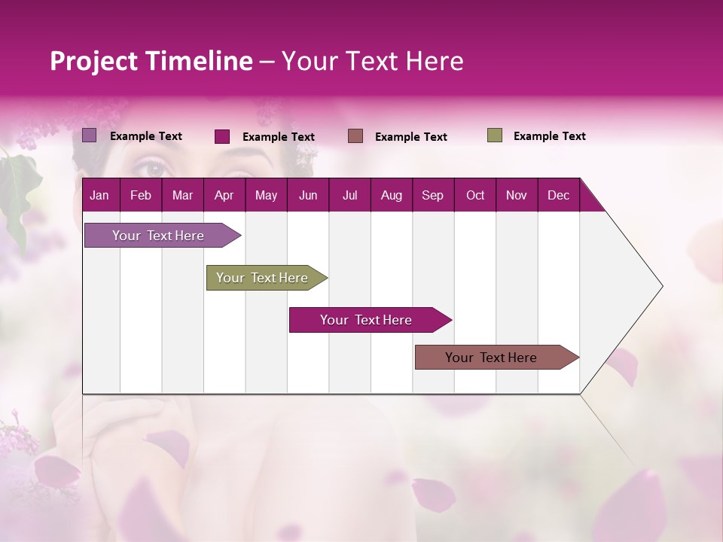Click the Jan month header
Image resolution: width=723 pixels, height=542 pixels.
pyautogui.click(x=99, y=195)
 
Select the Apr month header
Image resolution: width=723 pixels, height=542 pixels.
pyautogui.click(x=224, y=195)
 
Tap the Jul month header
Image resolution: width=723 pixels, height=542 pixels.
pyautogui.click(x=349, y=195)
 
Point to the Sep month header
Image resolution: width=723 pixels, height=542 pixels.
pyautogui.click(x=432, y=195)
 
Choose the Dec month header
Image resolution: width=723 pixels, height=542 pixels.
pyautogui.click(x=558, y=195)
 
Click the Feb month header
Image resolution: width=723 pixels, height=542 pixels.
pyautogui.click(x=141, y=195)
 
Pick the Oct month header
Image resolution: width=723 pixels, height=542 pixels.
pyautogui.click(x=475, y=195)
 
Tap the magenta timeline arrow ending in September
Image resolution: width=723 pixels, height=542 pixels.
pyautogui.click(x=367, y=320)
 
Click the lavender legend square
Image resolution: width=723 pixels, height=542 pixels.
pyautogui.click(x=89, y=135)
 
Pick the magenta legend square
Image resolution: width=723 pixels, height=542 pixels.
pyautogui.click(x=221, y=136)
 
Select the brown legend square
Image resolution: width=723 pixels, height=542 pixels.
pyautogui.click(x=355, y=136)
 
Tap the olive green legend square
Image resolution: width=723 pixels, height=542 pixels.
pyautogui.click(x=494, y=135)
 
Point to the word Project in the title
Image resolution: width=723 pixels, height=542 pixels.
pyautogui.click(x=93, y=61)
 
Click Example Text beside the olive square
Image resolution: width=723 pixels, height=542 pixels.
pyautogui.click(x=549, y=136)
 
